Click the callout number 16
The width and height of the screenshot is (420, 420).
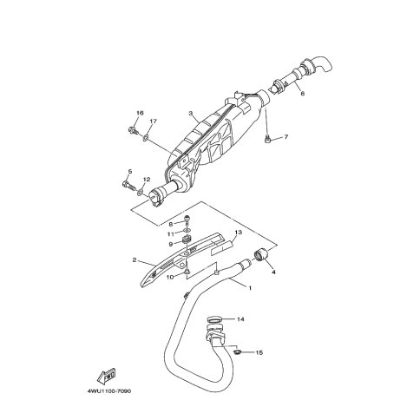(140, 113)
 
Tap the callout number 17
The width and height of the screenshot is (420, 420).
(153, 121)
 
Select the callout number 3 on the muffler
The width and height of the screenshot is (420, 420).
(191, 113)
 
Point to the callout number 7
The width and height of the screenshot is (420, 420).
(285, 136)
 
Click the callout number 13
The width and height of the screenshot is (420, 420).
(238, 232)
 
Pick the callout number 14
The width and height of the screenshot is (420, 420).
(240, 319)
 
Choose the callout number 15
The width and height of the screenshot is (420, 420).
(259, 352)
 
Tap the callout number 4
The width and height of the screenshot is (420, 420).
(273, 272)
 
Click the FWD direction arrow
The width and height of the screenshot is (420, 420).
(106, 376)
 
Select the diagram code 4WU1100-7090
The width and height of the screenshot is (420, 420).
(109, 391)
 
